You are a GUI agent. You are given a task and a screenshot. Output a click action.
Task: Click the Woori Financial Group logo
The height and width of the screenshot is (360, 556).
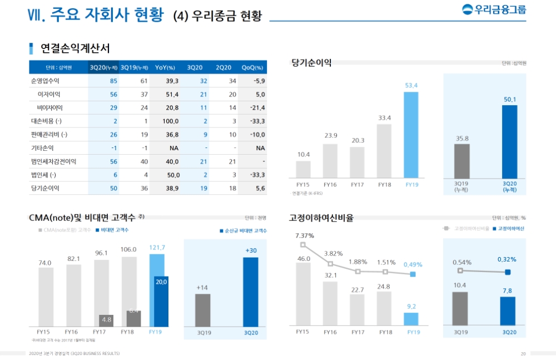click(x=494, y=9)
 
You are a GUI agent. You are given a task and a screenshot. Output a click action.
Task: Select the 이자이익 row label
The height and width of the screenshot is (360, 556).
click(x=49, y=95)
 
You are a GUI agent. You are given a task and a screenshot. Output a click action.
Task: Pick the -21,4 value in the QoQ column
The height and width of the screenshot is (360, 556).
click(x=256, y=108)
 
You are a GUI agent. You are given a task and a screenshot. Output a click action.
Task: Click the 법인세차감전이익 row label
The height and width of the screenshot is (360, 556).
click(x=53, y=161)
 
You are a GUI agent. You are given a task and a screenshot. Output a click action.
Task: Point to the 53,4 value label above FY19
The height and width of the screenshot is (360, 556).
click(x=411, y=85)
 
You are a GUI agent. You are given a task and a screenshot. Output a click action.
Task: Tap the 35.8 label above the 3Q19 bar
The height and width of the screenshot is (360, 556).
click(x=461, y=138)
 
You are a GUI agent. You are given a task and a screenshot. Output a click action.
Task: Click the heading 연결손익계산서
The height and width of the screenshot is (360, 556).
click(x=75, y=48)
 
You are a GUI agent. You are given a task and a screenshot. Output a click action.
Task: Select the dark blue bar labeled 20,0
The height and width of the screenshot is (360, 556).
click(x=161, y=302)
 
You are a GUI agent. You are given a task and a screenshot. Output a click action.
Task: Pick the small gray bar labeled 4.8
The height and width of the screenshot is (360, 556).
click(x=107, y=320)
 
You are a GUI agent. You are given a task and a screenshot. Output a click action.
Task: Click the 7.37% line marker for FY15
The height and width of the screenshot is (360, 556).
click(x=303, y=245)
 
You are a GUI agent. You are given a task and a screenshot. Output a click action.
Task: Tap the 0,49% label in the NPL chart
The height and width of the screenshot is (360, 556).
click(x=413, y=264)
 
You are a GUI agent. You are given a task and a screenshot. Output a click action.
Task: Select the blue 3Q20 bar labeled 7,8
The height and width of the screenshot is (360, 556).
click(x=508, y=311)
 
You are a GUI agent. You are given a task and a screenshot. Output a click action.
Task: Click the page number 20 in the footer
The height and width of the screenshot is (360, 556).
click(x=523, y=354)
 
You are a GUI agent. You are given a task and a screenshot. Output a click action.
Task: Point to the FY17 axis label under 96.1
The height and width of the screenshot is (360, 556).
click(x=102, y=332)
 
